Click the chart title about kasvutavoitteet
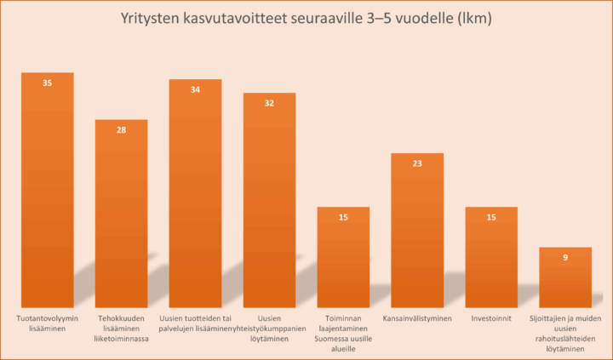307,19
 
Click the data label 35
48,83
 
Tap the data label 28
121,130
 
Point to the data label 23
417,163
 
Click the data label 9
565,258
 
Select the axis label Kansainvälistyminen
417,319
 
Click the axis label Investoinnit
491,319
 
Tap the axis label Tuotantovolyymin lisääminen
48,324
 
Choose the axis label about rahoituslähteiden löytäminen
565,334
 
